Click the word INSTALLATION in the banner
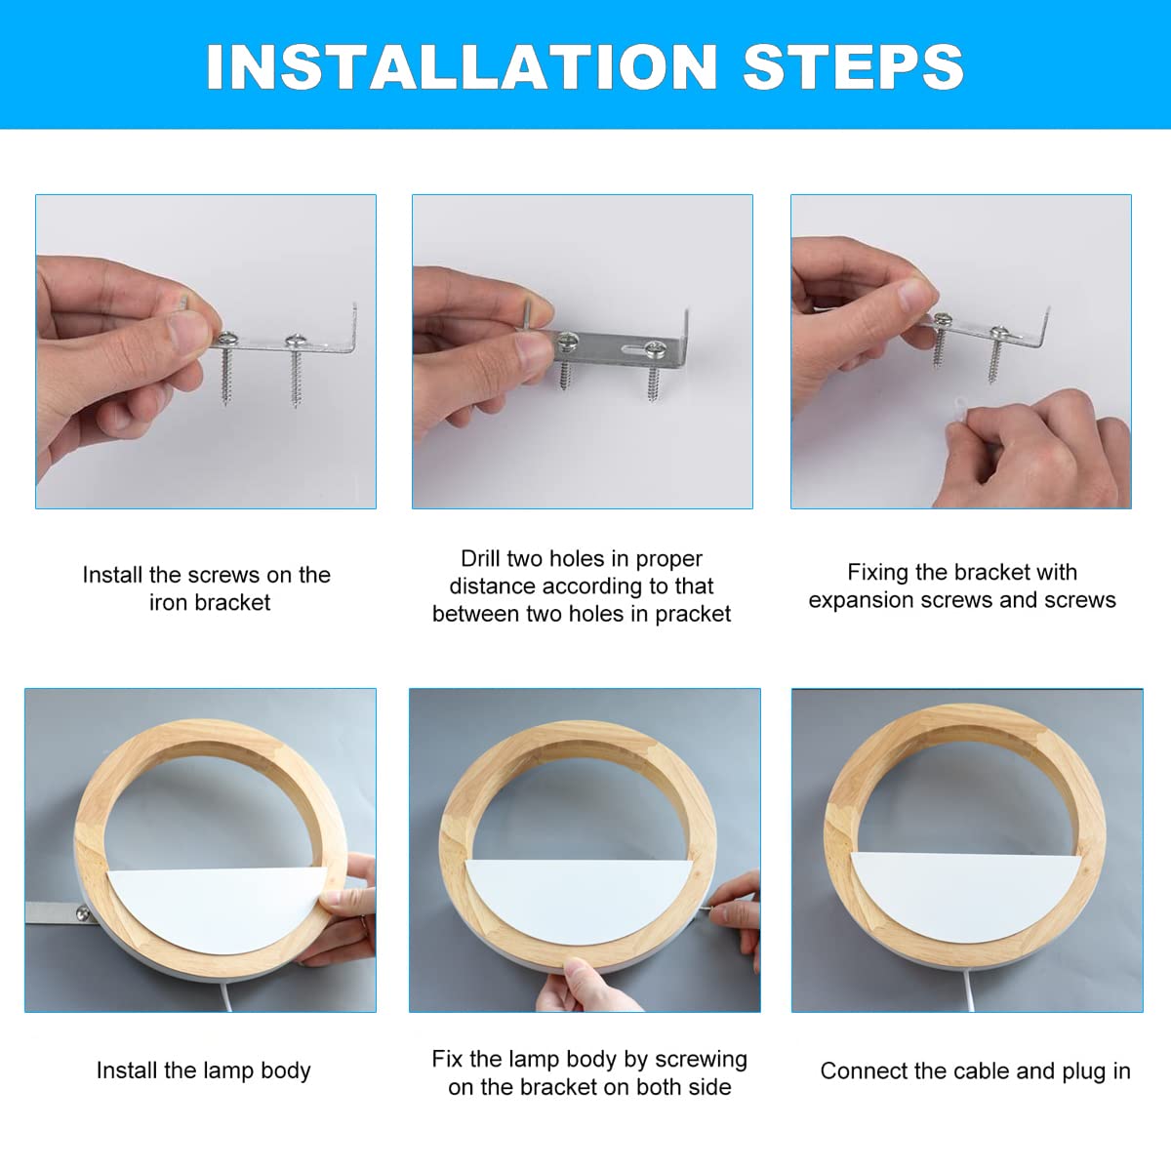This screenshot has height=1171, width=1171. coord(462,67)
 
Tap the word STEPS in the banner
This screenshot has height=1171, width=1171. coord(853,67)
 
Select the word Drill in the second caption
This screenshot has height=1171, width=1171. coord(480,558)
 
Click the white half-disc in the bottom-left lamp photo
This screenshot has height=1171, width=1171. coord(217,908)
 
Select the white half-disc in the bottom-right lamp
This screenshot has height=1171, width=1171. coord(966,893)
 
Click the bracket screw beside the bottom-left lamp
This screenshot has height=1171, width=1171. coord(83,912)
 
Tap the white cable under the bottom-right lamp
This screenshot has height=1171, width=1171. coord(967,992)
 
